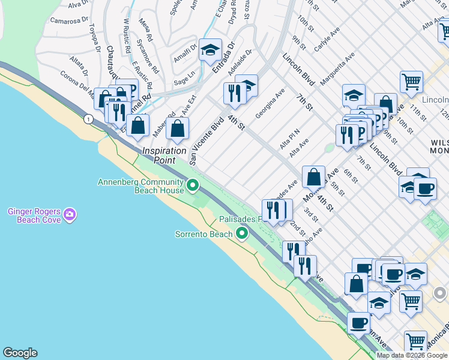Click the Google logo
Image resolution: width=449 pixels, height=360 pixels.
(20, 353)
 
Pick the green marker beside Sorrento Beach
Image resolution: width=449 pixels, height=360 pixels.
(243, 233)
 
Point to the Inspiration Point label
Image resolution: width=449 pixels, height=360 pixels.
(163, 155)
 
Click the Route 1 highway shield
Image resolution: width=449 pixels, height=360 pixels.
(89, 119)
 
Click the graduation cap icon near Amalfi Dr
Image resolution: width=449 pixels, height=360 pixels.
(210, 51)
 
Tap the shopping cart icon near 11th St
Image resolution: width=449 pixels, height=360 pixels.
(411, 82)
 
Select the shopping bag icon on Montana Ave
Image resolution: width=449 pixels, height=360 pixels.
(313, 178)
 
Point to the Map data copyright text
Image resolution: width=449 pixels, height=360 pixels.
(412, 355)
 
